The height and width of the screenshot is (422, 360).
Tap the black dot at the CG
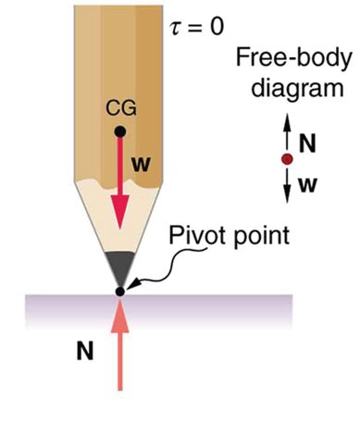coord(120,130)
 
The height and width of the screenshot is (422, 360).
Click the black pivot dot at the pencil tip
coord(119,292)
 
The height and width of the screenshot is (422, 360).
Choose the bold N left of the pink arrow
coord(84,351)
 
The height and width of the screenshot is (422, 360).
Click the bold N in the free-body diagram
coord(308,143)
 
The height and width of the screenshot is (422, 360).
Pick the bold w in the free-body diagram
coord(308,183)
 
